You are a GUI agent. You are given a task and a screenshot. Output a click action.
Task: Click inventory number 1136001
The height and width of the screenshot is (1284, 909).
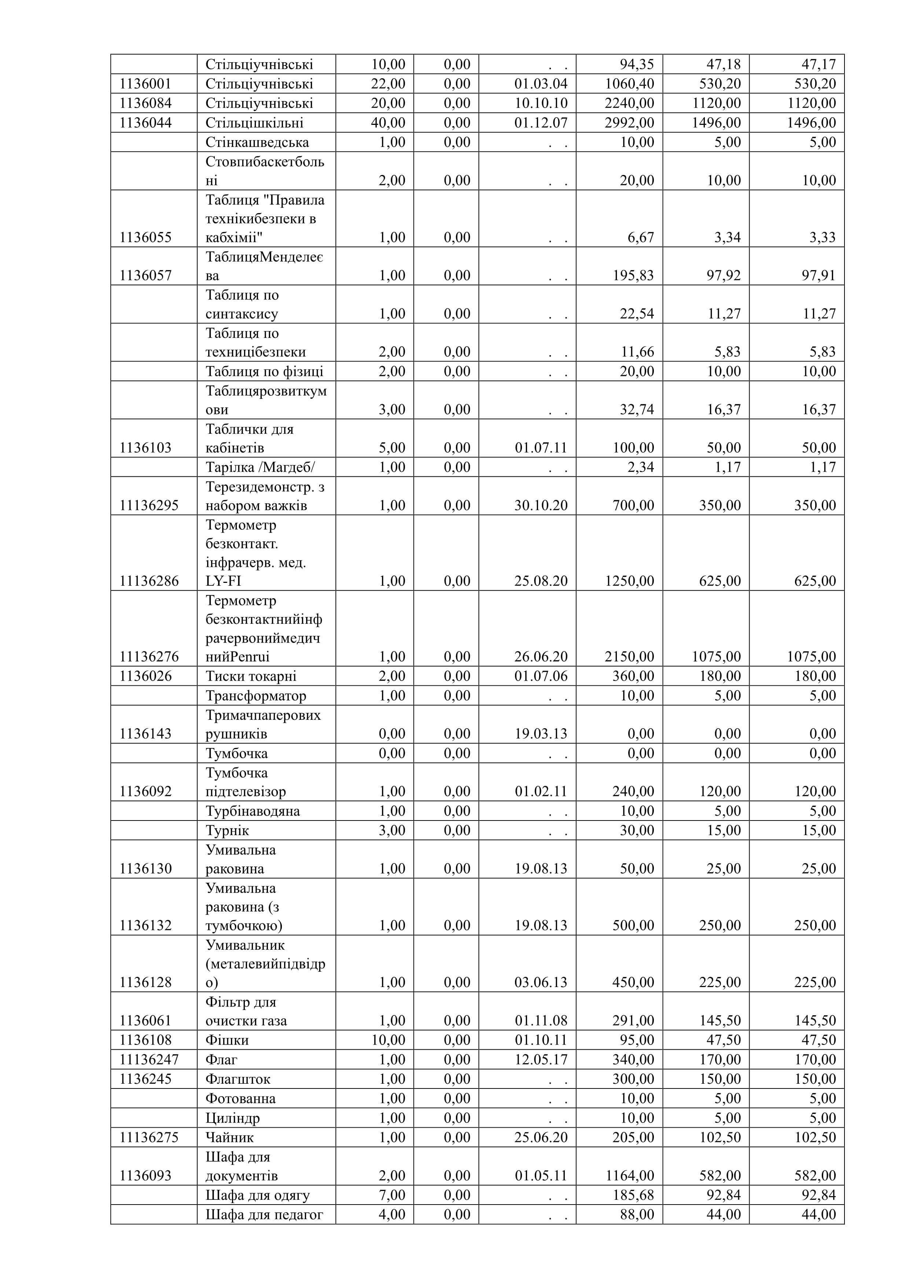click(x=145, y=84)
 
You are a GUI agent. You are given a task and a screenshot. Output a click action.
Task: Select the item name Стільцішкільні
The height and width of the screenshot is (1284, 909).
click(x=254, y=123)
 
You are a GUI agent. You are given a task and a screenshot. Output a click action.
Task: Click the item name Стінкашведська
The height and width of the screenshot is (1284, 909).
click(x=257, y=142)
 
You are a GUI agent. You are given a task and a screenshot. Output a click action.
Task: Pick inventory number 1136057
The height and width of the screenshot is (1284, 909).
click(x=145, y=276)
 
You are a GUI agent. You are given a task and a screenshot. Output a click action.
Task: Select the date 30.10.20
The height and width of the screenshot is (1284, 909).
click(x=541, y=506)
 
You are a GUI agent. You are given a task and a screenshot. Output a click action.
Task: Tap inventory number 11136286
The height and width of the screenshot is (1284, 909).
click(x=149, y=581)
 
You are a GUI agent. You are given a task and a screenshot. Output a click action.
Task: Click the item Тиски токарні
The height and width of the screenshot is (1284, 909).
click(x=251, y=676)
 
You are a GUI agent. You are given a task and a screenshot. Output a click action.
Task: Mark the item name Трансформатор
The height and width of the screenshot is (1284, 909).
click(x=256, y=696)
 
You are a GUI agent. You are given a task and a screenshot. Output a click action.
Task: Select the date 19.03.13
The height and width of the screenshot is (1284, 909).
click(x=541, y=734)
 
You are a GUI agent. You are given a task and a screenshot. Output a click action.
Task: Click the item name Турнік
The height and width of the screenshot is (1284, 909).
click(x=227, y=830)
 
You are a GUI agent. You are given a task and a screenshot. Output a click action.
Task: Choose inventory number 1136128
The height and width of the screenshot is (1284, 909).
click(x=145, y=983)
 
